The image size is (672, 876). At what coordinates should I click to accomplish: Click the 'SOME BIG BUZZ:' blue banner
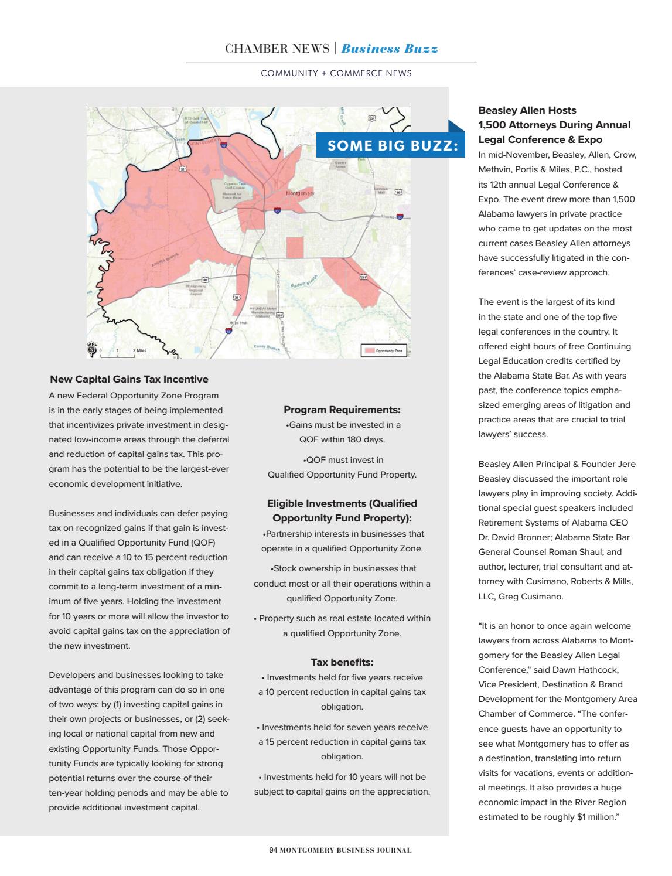pyautogui.click(x=391, y=145)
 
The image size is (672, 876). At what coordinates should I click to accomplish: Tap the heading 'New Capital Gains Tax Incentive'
pyautogui.click(x=129, y=380)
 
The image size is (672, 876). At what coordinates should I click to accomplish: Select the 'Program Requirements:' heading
pyautogui.click(x=342, y=410)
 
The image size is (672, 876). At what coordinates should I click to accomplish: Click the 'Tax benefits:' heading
pyautogui.click(x=342, y=662)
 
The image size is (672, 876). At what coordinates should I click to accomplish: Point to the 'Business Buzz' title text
pyautogui.click(x=390, y=49)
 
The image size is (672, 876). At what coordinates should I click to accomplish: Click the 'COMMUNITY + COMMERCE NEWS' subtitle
pyautogui.click(x=336, y=73)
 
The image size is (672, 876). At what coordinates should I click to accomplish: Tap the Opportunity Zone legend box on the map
pyautogui.click(x=384, y=350)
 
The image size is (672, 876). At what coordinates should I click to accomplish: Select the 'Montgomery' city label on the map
pyautogui.click(x=300, y=193)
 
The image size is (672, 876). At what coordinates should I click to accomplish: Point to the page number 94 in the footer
pyautogui.click(x=273, y=850)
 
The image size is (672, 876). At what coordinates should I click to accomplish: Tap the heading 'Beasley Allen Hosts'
pyautogui.click(x=527, y=110)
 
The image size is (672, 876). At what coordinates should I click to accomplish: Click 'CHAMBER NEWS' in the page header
pyautogui.click(x=277, y=49)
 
